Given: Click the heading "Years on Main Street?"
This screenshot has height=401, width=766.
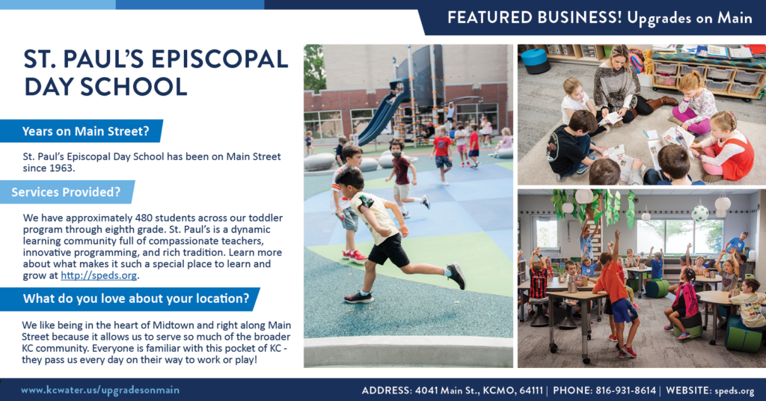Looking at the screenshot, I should (85, 132).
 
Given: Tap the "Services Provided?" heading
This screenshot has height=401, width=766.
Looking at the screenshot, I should (66, 192).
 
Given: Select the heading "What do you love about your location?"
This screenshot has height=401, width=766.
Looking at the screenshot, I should (135, 299).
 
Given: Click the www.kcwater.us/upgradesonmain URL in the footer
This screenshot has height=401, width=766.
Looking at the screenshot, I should (99, 390).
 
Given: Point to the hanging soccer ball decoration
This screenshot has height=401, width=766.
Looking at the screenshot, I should (699, 213).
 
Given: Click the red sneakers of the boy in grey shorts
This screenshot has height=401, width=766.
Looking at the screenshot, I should (355, 256).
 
